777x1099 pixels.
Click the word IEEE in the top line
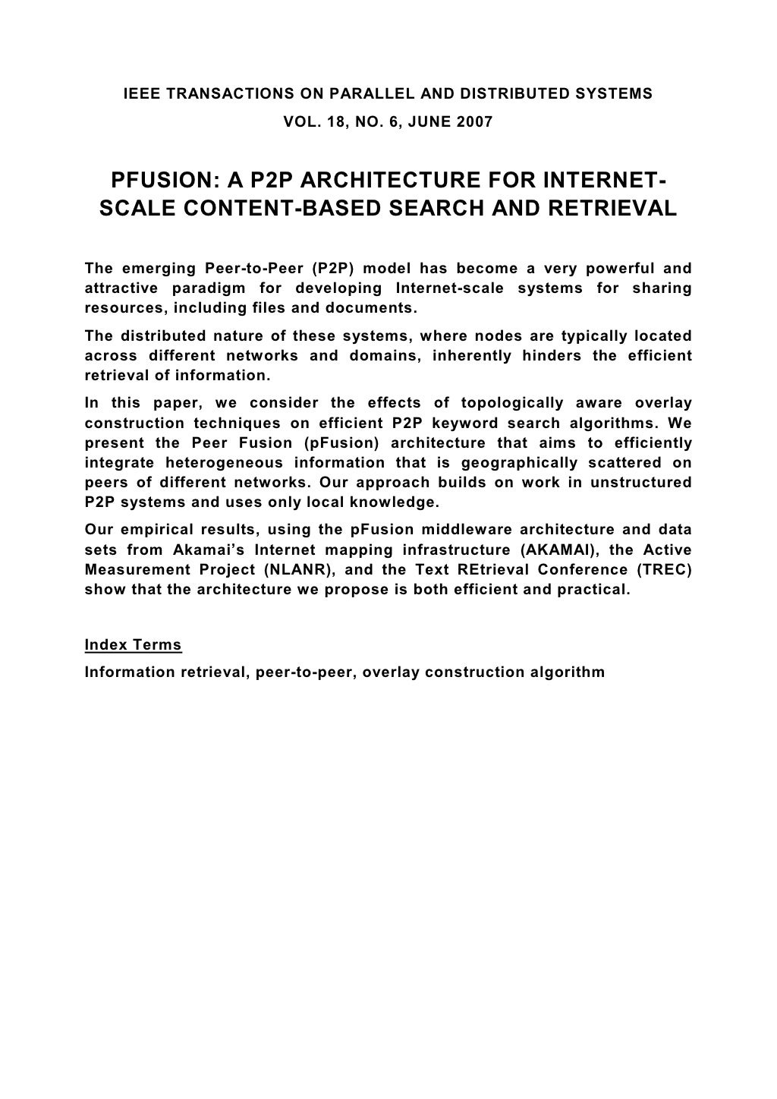coord(141,94)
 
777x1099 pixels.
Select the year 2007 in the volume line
coord(476,121)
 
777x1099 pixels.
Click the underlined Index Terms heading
coord(133,645)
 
